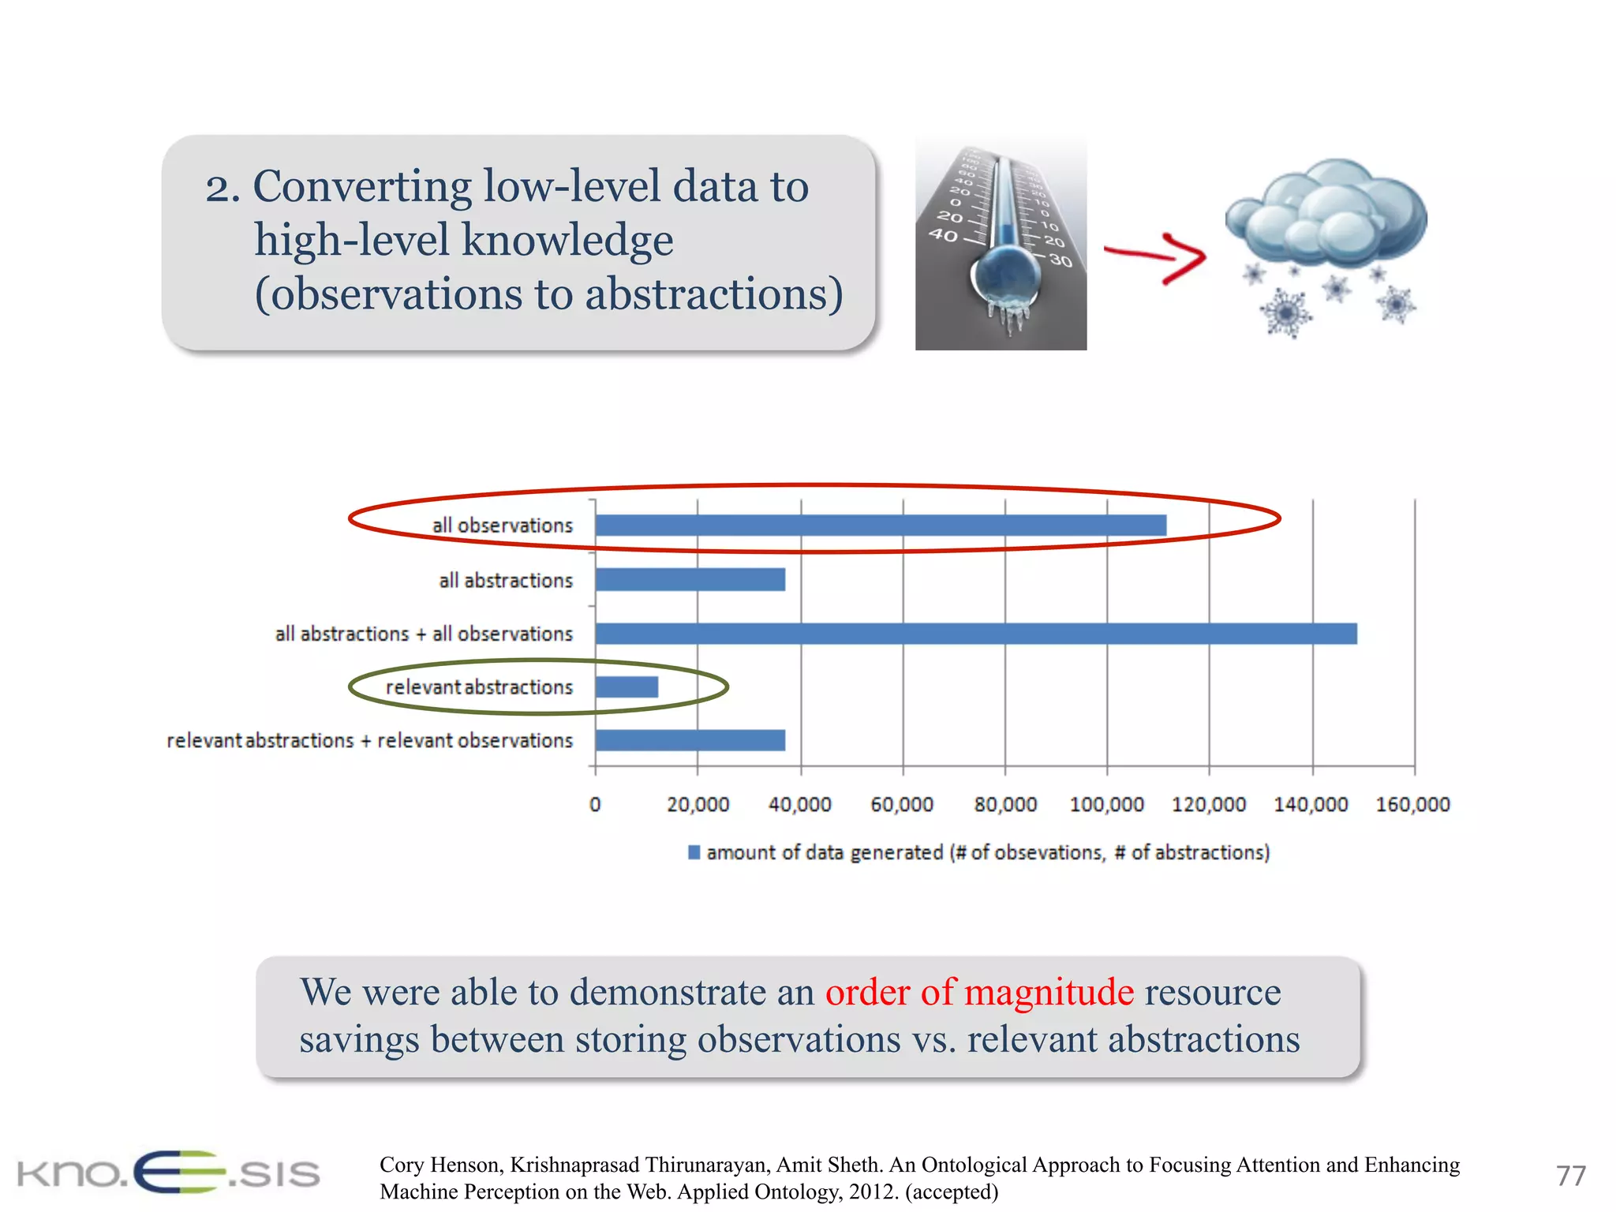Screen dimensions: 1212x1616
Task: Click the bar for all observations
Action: point(880,526)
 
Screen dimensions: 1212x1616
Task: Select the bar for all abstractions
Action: point(690,580)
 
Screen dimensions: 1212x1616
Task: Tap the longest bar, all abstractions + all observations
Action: point(976,634)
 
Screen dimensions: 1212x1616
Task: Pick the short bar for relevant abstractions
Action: point(627,687)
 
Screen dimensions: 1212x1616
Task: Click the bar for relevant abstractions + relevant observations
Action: point(690,740)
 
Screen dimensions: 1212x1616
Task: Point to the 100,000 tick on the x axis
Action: point(1106,805)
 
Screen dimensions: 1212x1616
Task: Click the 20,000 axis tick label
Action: point(698,805)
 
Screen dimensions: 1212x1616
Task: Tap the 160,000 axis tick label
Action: point(1412,805)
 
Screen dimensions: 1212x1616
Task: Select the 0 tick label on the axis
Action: point(595,805)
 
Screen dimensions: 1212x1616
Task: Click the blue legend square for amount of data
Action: point(694,852)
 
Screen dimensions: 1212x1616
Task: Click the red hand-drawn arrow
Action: point(1156,256)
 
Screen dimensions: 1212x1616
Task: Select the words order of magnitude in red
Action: point(979,992)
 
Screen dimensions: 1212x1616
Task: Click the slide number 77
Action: point(1570,1176)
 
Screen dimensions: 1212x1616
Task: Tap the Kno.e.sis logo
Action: point(169,1173)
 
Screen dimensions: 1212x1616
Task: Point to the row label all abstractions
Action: point(506,581)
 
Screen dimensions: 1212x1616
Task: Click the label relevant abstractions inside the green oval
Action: point(479,687)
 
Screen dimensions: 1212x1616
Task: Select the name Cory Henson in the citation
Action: point(440,1165)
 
